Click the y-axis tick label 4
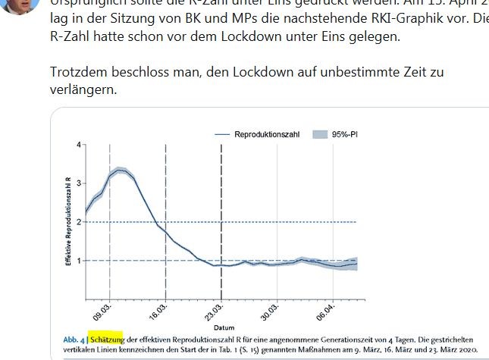pyautogui.click(x=78, y=144)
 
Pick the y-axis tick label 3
pyautogui.click(x=78, y=183)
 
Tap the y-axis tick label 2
pyautogui.click(x=78, y=222)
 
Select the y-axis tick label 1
pyautogui.click(x=78, y=261)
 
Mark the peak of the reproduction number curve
pyautogui.click(x=119, y=170)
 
